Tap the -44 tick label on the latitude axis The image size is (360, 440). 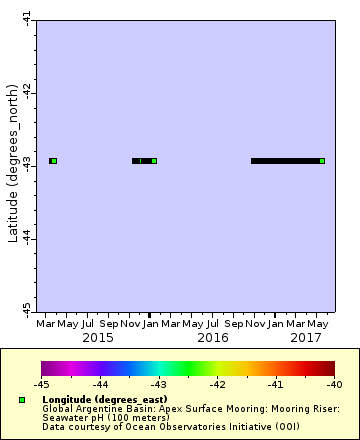pos(26,236)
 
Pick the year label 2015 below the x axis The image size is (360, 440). pos(97,338)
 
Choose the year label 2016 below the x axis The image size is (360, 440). pos(212,338)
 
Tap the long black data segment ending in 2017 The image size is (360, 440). pos(285,160)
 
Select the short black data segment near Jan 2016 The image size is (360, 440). pos(143,160)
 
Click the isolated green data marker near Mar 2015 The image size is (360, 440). pos(53,160)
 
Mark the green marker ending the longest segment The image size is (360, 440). pos(322,160)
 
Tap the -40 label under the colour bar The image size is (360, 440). pos(333,383)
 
